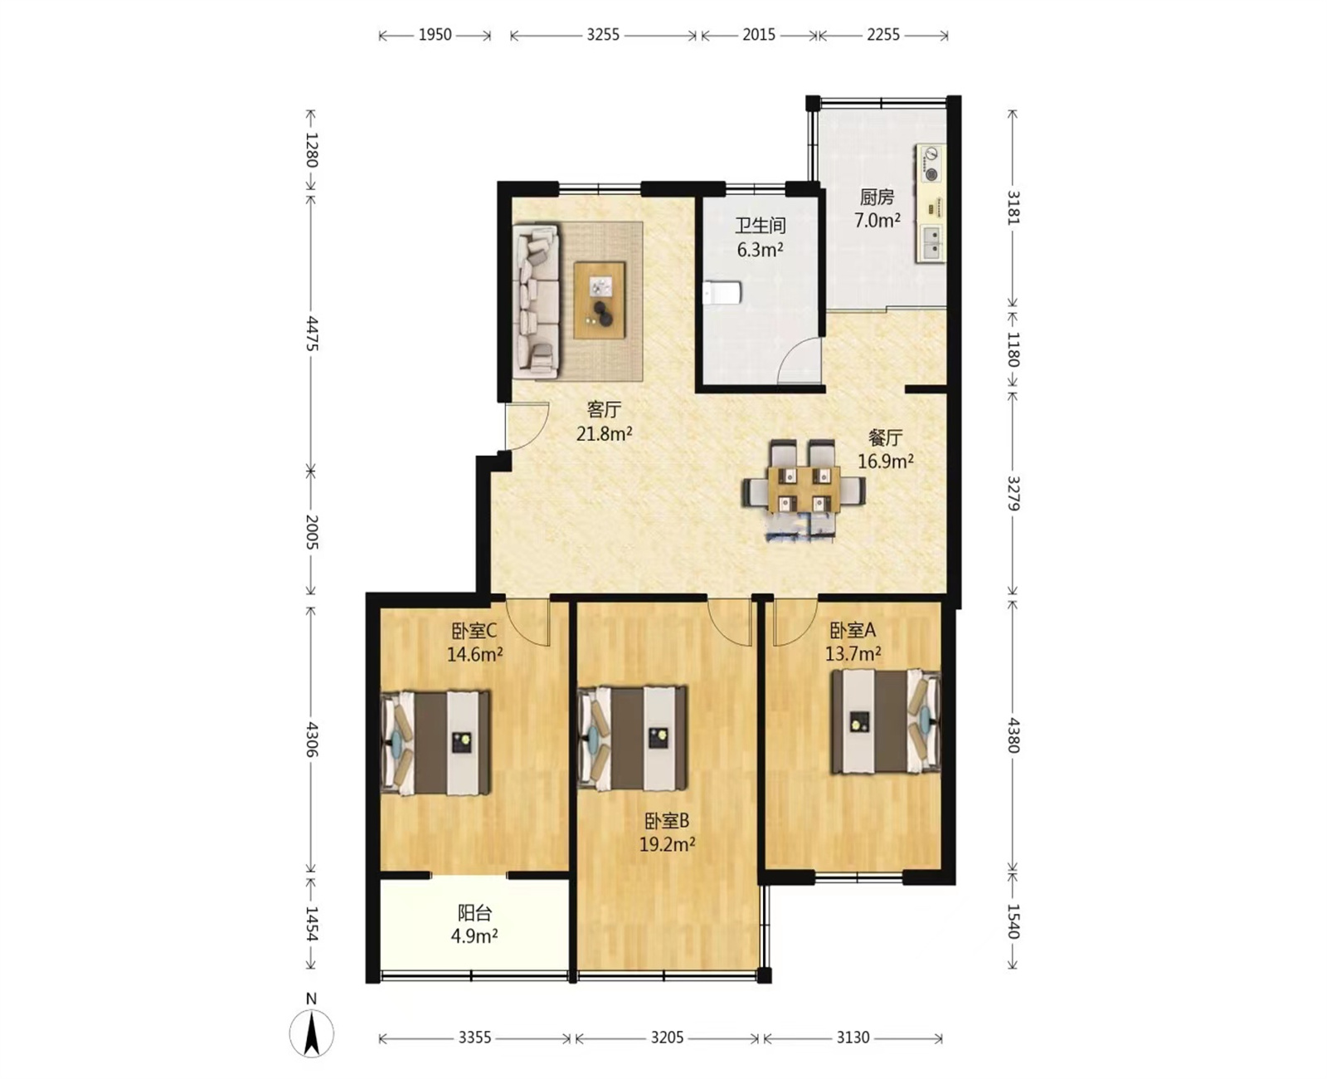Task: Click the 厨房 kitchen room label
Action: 877,197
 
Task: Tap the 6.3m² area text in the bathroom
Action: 760,250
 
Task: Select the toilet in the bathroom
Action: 722,292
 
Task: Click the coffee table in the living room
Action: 600,300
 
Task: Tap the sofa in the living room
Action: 536,301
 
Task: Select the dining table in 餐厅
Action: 804,489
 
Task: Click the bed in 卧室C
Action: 435,742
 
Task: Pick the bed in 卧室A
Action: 886,721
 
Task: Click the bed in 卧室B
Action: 632,739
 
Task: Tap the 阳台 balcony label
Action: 474,913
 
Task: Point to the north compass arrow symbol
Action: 312,1033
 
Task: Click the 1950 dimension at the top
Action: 435,35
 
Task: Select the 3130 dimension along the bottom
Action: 853,1037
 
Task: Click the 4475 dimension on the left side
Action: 312,334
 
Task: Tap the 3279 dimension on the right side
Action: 1013,493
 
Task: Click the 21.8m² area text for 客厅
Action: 604,434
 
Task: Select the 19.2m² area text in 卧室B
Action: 668,845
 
